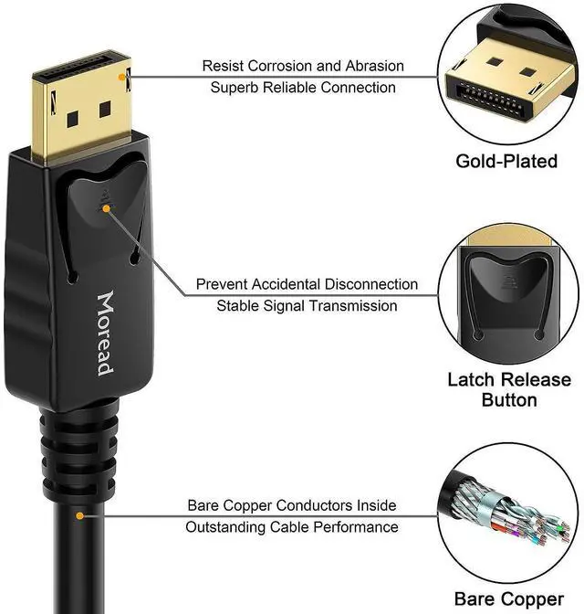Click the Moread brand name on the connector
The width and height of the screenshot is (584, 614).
105,334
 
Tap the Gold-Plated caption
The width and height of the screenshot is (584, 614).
506,162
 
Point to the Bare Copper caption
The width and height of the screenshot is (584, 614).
508,599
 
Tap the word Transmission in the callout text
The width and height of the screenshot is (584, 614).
353,306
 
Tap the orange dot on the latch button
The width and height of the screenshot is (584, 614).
109,208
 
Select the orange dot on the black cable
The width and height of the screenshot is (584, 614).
80,516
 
